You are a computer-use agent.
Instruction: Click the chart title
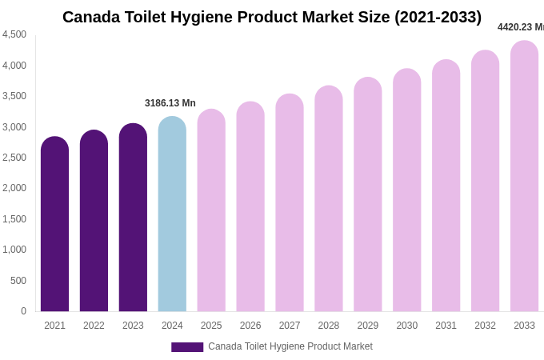(272, 17)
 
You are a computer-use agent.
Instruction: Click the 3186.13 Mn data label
(170, 103)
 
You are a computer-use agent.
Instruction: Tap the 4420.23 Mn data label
(521, 27)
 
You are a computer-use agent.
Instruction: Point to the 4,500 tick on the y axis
(14, 34)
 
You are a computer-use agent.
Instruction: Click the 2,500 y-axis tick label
(14, 158)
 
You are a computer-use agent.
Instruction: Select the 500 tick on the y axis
(17, 281)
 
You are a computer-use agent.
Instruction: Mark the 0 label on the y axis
(23, 311)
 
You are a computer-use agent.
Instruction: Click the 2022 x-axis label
(94, 326)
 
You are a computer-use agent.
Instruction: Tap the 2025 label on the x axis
(211, 326)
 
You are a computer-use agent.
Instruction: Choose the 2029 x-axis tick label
(368, 326)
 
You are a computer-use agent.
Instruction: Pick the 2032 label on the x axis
(485, 326)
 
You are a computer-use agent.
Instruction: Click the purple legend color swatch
(187, 347)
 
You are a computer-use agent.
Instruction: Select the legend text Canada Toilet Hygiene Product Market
(290, 346)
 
